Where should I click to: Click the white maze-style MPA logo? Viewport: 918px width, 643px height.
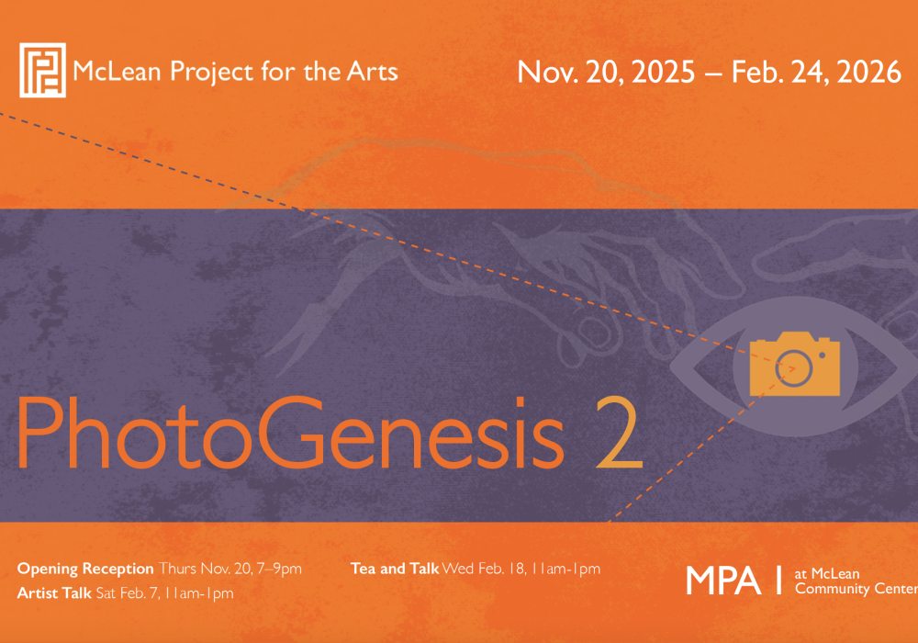pyautogui.click(x=42, y=70)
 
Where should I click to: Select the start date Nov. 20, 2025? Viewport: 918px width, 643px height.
pyautogui.click(x=606, y=73)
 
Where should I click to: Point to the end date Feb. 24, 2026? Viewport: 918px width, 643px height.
pyautogui.click(x=816, y=73)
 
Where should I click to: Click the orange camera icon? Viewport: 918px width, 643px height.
pyautogui.click(x=795, y=365)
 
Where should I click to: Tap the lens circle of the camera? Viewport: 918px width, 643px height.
pyautogui.click(x=795, y=368)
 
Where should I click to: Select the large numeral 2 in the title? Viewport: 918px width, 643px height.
pyautogui.click(x=617, y=435)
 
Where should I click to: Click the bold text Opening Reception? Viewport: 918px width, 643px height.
pyautogui.click(x=85, y=569)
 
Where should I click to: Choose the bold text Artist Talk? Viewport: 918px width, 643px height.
pyautogui.click(x=54, y=593)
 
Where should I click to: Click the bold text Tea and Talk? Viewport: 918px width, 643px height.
pyautogui.click(x=395, y=569)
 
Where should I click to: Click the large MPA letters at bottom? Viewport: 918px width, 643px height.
pyautogui.click(x=723, y=581)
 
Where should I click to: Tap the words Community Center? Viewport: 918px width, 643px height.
pyautogui.click(x=856, y=589)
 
